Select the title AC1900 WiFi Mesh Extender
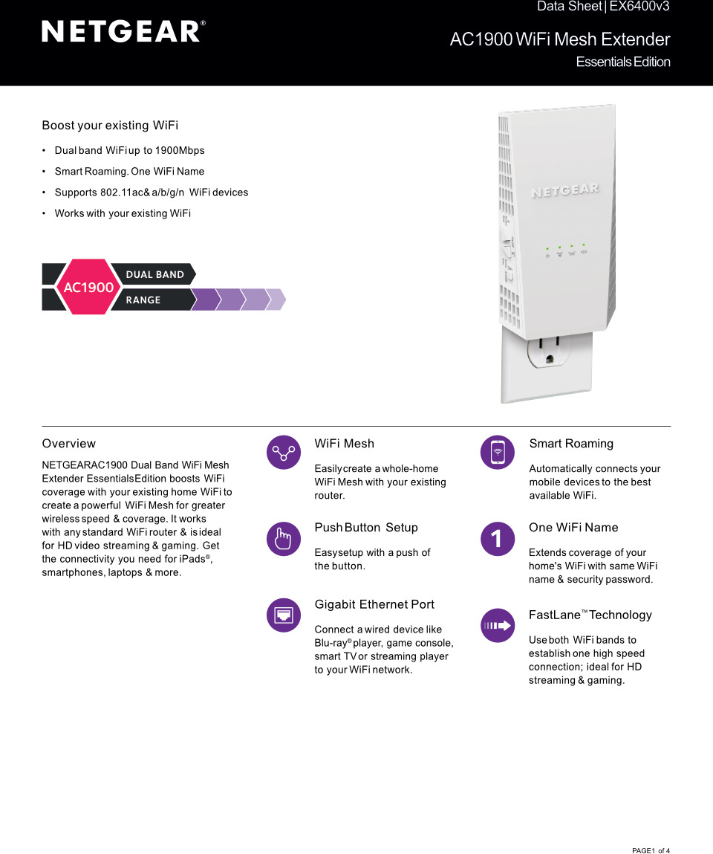pos(559,39)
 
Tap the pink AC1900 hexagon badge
pos(88,287)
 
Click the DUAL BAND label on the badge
pos(154,274)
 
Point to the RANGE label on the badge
pos(143,300)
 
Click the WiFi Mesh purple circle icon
pos(284,452)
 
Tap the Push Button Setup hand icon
pos(284,538)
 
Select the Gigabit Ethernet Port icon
pos(284,615)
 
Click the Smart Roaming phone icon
pos(497,452)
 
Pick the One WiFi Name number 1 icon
pos(497,538)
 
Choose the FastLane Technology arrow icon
pos(497,625)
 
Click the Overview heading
pos(69,444)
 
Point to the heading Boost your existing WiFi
pos(110,126)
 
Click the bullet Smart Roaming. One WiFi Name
pos(129,172)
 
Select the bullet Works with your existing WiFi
pos(123,213)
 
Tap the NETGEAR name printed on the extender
pos(564,191)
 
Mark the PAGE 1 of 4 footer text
pos(651,850)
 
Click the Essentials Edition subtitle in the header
pos(622,62)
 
